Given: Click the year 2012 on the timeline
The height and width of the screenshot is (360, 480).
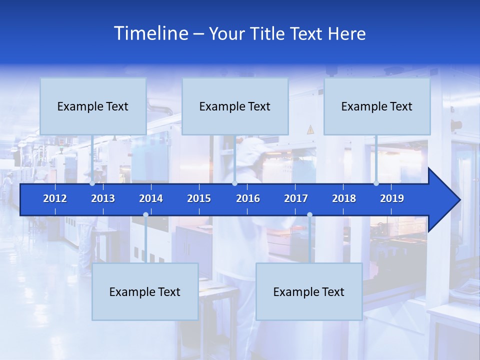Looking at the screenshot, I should click(x=55, y=198).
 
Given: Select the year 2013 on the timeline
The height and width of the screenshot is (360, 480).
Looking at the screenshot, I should click(x=103, y=198).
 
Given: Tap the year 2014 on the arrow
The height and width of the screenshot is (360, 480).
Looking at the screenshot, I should click(x=151, y=198).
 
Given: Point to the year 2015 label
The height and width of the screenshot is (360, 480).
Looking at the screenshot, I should click(x=199, y=198).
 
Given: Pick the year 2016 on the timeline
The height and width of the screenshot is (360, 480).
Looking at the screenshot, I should click(x=248, y=198).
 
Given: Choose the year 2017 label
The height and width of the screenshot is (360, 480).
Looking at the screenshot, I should click(x=296, y=198).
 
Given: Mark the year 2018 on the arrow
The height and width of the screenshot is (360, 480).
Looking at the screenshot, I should click(x=344, y=198).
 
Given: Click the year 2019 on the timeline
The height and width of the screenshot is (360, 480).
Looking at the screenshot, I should click(x=392, y=198).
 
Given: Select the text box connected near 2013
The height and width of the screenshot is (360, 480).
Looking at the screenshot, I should click(x=93, y=106).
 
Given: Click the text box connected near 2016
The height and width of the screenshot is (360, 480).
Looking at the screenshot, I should click(x=235, y=106).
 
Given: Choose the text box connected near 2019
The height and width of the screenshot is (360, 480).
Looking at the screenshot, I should click(x=377, y=106).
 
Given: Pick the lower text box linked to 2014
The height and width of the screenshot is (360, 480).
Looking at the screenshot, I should click(x=145, y=291).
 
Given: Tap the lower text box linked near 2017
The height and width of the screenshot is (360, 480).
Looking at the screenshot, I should click(x=309, y=291).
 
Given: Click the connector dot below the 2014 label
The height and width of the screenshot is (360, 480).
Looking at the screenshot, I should click(x=145, y=214).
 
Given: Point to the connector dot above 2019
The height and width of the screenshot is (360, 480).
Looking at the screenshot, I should click(x=376, y=183).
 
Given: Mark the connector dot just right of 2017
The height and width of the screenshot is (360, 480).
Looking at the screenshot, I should click(x=309, y=214).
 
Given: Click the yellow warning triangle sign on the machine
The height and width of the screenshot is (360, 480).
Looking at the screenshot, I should click(x=310, y=129).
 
